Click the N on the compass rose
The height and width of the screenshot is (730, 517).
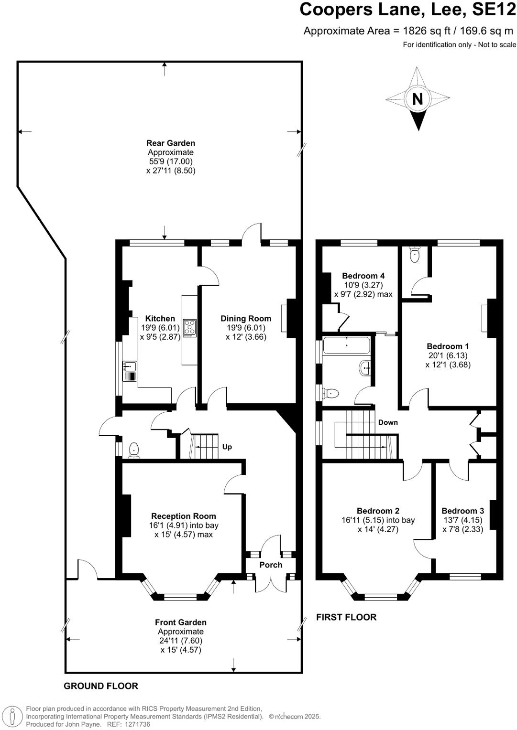pyautogui.click(x=418, y=99)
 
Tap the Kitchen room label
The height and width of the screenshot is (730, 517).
pyautogui.click(x=160, y=319)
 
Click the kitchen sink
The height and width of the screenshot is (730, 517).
pyautogui.click(x=130, y=367)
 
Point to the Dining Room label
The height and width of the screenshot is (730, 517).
pyautogui.click(x=246, y=319)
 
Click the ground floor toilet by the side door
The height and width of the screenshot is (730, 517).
pyautogui.click(x=134, y=450)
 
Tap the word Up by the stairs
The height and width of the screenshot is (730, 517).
pyautogui.click(x=227, y=447)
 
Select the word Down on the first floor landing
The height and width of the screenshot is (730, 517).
pyautogui.click(x=388, y=422)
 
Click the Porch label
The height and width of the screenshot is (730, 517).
pyautogui.click(x=271, y=565)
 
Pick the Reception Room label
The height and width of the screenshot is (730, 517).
pyautogui.click(x=184, y=516)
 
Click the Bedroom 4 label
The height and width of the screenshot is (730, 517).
pyautogui.click(x=363, y=276)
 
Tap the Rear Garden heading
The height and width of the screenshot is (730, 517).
pyautogui.click(x=171, y=143)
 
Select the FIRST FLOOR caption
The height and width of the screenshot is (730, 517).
pyautogui.click(x=346, y=617)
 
